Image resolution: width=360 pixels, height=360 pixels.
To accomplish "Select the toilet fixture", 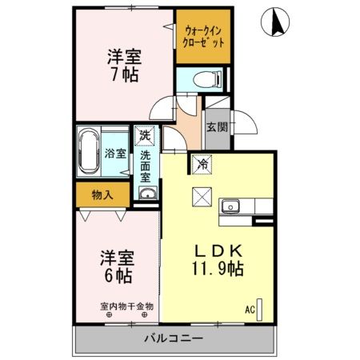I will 205,78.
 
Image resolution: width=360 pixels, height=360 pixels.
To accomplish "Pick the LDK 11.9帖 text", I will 215,257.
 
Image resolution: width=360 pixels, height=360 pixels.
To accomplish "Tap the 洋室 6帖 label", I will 117,267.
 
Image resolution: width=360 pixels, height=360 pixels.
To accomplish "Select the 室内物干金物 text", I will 126,305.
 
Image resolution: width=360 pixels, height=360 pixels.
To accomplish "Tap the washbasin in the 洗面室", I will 146,194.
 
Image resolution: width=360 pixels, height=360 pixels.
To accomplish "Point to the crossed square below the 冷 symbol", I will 201,194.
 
